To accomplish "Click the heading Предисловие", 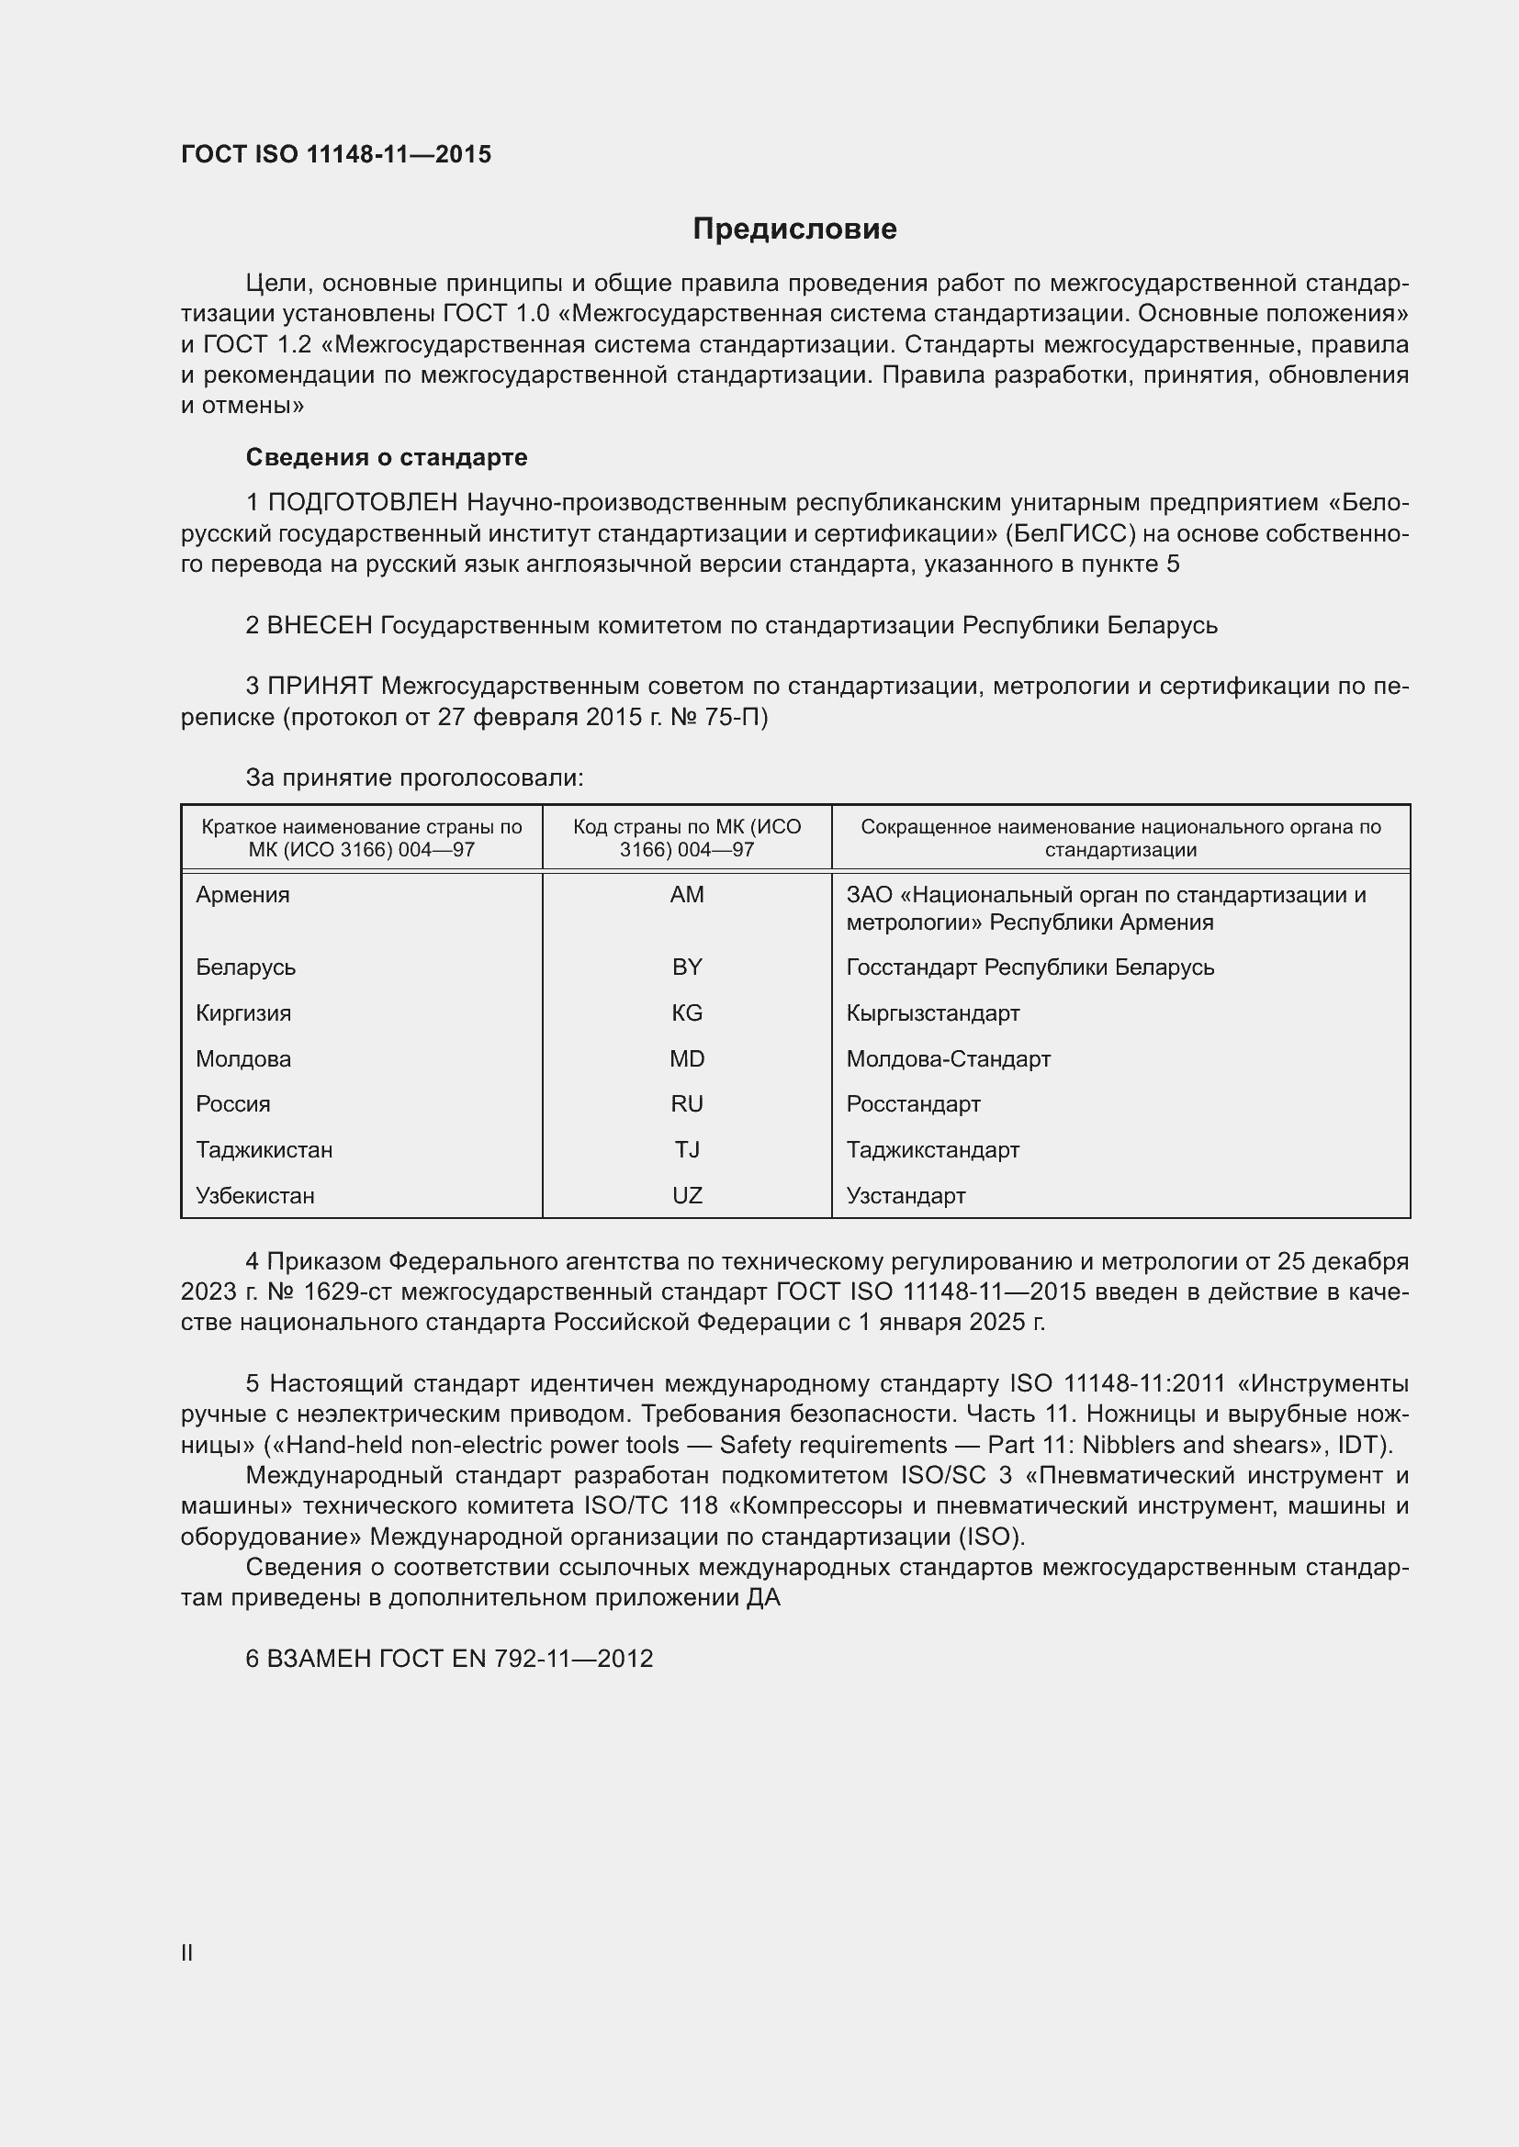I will click(x=794, y=229).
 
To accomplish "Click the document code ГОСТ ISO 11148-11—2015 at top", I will click(x=336, y=154).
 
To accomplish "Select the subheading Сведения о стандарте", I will click(x=387, y=457).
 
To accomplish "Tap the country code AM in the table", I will click(x=687, y=895).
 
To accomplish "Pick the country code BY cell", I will click(x=687, y=967).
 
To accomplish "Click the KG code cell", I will click(x=687, y=1012).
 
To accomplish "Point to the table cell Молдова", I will click(x=243, y=1058).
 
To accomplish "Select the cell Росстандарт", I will click(x=913, y=1104).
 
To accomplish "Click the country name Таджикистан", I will click(x=264, y=1149).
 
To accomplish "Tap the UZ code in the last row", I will click(x=687, y=1195).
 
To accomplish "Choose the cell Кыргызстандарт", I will click(x=932, y=1012).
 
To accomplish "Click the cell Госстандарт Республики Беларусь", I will click(x=1030, y=967).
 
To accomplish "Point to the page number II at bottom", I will click(x=187, y=1952).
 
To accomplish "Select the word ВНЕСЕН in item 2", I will click(x=320, y=625).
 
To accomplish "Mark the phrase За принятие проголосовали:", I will click(x=414, y=778).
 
